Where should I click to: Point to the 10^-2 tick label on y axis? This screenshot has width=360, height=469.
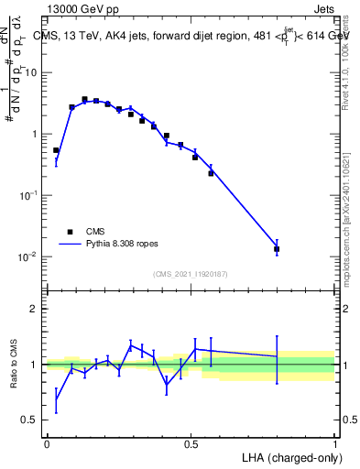(x=28, y=256)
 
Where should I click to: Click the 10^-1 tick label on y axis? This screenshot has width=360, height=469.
(x=28, y=195)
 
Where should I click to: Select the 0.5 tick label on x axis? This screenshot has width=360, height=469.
(x=191, y=444)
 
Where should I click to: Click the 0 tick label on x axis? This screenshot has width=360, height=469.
(x=47, y=444)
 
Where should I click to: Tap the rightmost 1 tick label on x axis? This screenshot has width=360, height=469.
(x=335, y=444)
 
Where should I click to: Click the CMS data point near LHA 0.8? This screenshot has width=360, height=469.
(x=277, y=248)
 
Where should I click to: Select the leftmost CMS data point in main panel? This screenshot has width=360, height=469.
(x=56, y=150)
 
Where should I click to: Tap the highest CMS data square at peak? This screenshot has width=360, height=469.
(x=84, y=99)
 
